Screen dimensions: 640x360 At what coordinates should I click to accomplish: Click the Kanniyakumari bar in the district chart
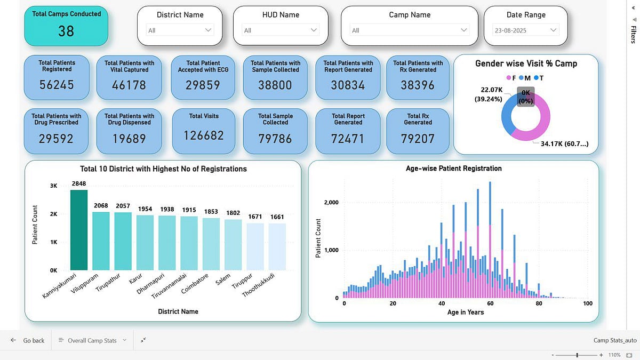click(x=79, y=230)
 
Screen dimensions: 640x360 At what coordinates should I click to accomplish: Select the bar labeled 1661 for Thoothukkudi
click(x=277, y=247)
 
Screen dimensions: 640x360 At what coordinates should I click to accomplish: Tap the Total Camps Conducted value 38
click(x=66, y=31)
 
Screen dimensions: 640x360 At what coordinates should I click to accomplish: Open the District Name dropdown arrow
click(x=209, y=30)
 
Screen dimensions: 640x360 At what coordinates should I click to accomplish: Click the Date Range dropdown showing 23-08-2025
click(x=526, y=30)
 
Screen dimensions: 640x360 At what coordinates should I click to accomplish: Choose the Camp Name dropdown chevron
click(x=463, y=30)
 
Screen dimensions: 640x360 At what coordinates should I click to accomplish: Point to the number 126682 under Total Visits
click(x=204, y=135)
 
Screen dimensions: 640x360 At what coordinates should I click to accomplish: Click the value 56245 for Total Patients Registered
click(x=57, y=85)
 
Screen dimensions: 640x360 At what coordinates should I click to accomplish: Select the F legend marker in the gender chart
click(x=509, y=78)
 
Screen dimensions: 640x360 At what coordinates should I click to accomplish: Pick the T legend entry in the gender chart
click(x=539, y=78)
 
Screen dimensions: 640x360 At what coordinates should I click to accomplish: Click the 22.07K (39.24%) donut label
click(x=489, y=94)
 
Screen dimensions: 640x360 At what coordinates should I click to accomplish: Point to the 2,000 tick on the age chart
click(x=331, y=202)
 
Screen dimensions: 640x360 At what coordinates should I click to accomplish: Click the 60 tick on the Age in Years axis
click(x=490, y=303)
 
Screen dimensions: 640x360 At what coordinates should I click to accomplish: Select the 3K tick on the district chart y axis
click(x=53, y=186)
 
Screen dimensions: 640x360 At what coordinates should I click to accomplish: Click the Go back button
click(x=27, y=340)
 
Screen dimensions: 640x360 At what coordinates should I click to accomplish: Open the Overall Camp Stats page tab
click(x=92, y=340)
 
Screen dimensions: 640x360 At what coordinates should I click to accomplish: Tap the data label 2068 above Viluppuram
click(x=101, y=206)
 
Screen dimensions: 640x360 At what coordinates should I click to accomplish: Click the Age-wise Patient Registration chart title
click(x=454, y=169)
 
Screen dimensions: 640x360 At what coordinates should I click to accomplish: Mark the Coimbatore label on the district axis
click(x=195, y=283)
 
